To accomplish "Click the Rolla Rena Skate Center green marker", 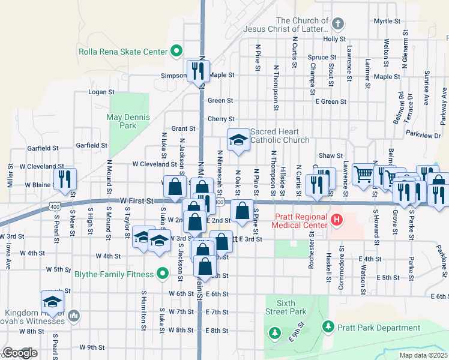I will (176, 51).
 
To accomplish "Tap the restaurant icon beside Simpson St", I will (197, 71).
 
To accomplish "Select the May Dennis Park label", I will (122, 121).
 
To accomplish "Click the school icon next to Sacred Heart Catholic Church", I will (238, 140).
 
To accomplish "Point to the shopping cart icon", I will (363, 175).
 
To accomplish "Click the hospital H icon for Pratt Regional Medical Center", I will (336, 220).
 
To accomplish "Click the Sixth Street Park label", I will (287, 307).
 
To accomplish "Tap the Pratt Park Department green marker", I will (328, 328).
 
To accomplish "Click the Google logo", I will (19, 353).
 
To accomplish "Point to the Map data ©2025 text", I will (423, 355).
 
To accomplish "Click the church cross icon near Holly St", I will (338, 24).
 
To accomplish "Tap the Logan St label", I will (101, 92).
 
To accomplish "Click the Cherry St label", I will (220, 119).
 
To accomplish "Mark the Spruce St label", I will (319, 58).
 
